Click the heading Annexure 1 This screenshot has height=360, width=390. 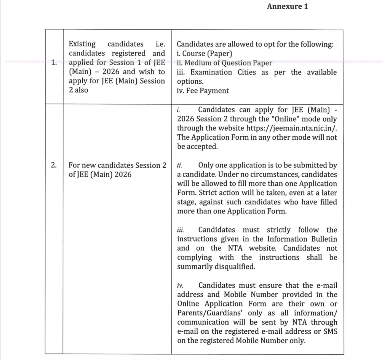287,6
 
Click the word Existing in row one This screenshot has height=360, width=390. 82,45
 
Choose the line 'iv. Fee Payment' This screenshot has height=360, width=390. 203,91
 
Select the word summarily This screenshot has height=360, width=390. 193,267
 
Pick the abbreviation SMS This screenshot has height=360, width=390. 329,331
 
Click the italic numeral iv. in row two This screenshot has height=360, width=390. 180,285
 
